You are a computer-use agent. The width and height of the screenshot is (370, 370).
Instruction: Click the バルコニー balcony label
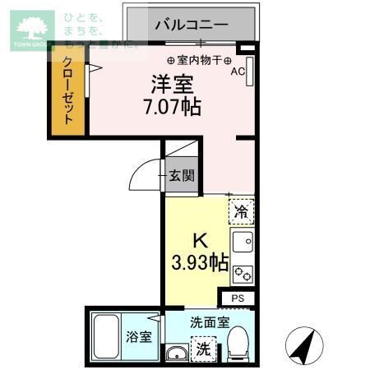(x=191, y=25)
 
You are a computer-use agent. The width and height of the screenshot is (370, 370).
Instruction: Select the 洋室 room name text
(x=170, y=84)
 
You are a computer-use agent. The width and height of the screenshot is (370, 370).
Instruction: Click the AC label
(x=237, y=72)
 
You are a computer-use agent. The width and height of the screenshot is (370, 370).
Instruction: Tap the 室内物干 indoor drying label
(x=201, y=60)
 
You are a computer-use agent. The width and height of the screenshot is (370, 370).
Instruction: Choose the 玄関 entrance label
(x=182, y=174)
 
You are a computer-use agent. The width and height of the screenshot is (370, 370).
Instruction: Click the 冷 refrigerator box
(x=241, y=211)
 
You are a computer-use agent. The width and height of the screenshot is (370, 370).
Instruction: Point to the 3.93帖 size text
(x=200, y=263)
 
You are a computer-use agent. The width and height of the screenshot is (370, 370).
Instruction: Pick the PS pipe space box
(x=238, y=298)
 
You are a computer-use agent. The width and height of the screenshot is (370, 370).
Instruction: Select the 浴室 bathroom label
(x=137, y=337)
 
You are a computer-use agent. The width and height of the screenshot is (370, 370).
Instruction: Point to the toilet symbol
(x=238, y=343)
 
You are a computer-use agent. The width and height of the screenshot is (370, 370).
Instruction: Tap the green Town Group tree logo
(x=30, y=29)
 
